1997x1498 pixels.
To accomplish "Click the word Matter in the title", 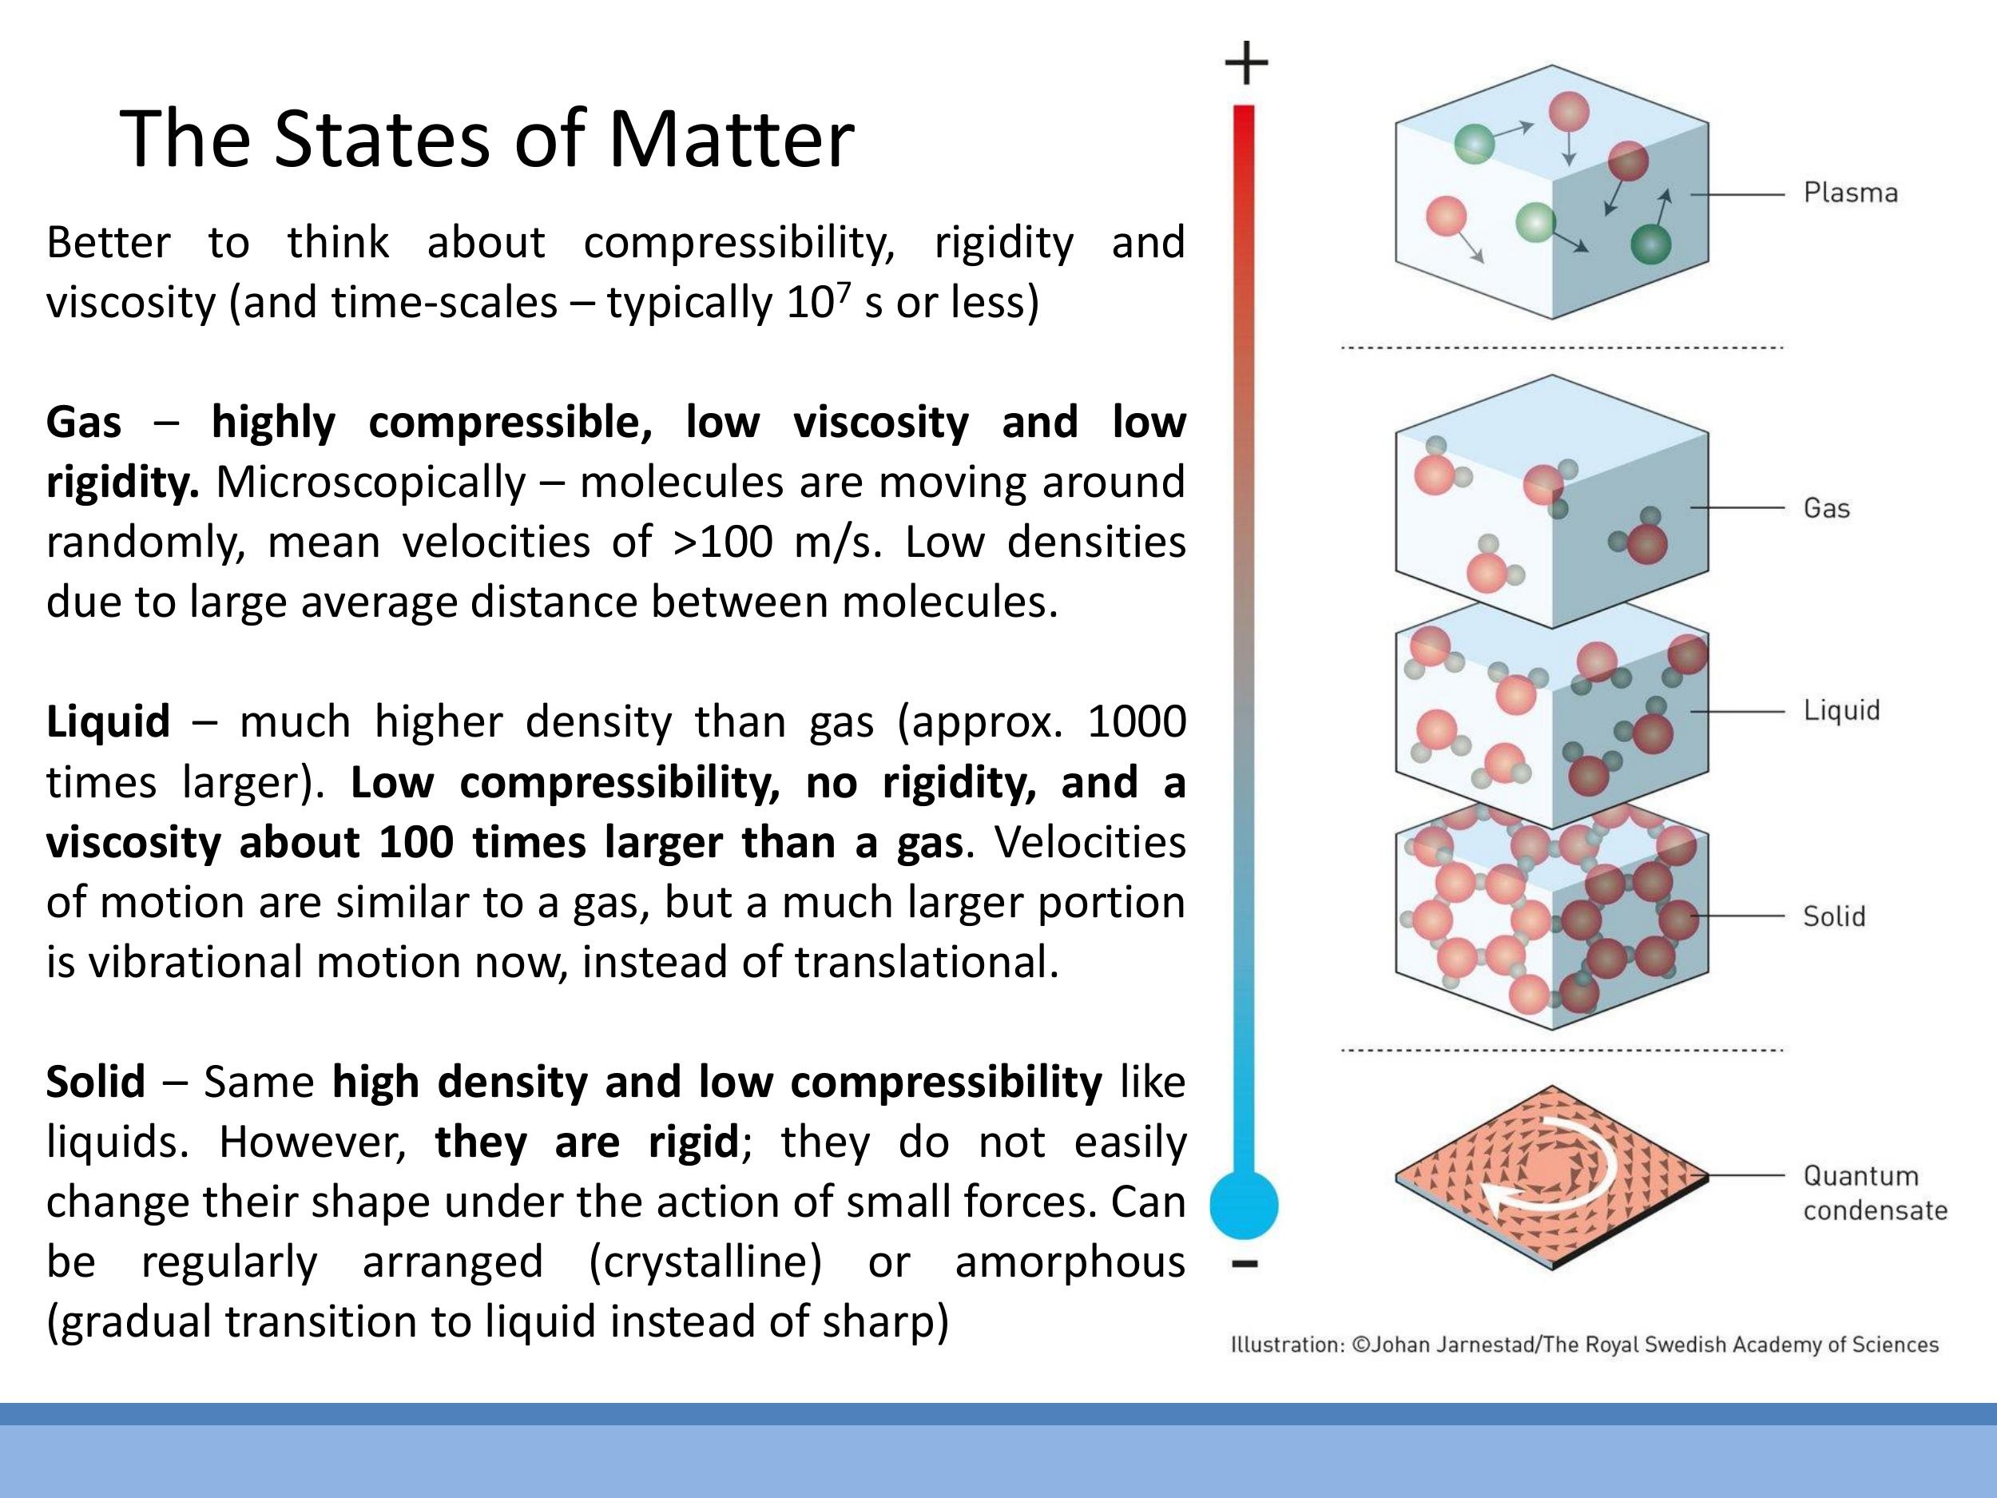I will pyautogui.click(x=730, y=139).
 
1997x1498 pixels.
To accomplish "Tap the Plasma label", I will pyautogui.click(x=1850, y=193).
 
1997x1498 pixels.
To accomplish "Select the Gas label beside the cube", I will pyautogui.click(x=1826, y=508).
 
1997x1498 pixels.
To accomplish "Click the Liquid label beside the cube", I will pyautogui.click(x=1842, y=710).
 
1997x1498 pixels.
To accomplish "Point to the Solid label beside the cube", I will pyautogui.click(x=1833, y=916).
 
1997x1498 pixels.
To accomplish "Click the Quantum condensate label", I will pyautogui.click(x=1874, y=1193).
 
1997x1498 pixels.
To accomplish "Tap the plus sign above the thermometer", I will pyautogui.click(x=1246, y=62).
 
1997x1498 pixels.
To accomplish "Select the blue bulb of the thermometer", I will pyautogui.click(x=1244, y=1205).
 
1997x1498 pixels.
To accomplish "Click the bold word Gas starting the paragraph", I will pyautogui.click(x=84, y=423).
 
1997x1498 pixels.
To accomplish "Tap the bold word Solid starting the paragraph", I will pyautogui.click(x=96, y=1082).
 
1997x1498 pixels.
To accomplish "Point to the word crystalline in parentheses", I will pyautogui.click(x=705, y=1262).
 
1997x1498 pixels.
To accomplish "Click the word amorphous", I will pyautogui.click(x=1070, y=1262).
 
